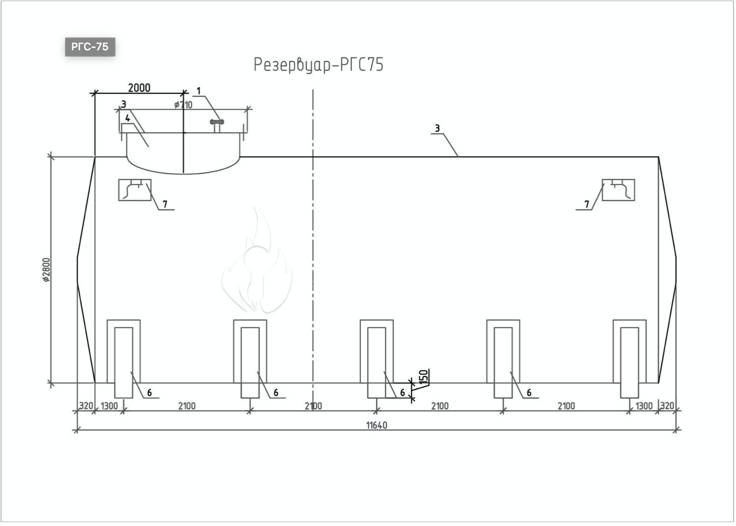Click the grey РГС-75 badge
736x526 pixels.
point(90,47)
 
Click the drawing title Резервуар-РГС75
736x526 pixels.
point(319,65)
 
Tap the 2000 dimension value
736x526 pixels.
point(139,88)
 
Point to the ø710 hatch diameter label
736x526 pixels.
point(183,105)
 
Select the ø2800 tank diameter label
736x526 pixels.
point(47,270)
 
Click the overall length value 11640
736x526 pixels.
point(377,425)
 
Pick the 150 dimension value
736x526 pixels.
point(424,377)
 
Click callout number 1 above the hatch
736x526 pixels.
point(198,91)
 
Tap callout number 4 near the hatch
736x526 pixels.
point(128,118)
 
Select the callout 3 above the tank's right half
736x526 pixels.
point(437,128)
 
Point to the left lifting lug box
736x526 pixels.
point(135,190)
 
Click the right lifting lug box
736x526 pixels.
point(618,190)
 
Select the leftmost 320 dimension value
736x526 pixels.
point(86,406)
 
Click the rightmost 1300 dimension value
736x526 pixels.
point(644,406)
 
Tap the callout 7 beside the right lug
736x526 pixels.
point(587,204)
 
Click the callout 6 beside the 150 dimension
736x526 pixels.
point(402,393)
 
